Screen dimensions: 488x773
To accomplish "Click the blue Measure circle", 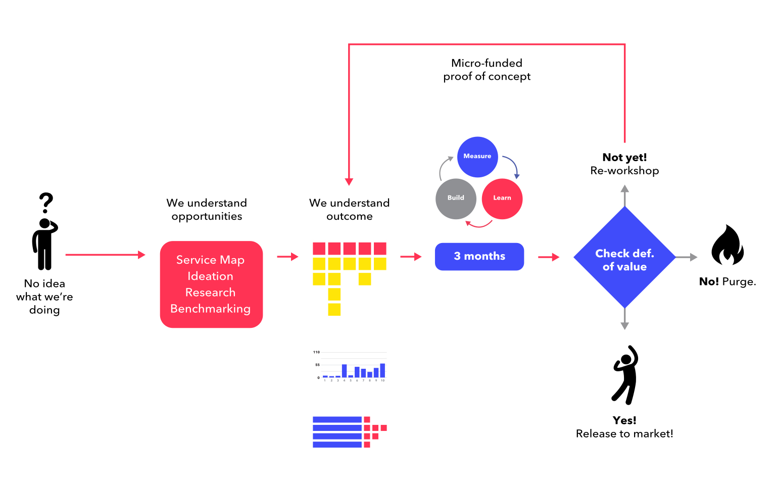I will pos(477,157).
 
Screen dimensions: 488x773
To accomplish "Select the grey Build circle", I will pos(456,199).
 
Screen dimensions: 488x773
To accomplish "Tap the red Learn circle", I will pos(502,199).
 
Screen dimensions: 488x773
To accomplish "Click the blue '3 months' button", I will pos(479,257).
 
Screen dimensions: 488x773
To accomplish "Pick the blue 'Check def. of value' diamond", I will pos(624,258).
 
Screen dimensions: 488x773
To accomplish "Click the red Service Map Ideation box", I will pos(211,284).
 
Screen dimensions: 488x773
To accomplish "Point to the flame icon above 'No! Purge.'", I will pos(727,246).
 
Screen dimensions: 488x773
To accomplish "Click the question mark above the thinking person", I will pos(46,203).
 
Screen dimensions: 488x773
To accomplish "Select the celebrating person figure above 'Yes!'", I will pos(625,375).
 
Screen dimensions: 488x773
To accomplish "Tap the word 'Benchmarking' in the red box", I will pos(210,309).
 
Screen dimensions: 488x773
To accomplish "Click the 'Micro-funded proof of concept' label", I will pos(487,70).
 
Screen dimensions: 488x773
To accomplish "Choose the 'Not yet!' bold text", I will pos(624,158).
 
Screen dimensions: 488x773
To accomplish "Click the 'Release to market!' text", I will pos(624,434).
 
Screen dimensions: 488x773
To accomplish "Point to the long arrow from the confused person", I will pos(105,255).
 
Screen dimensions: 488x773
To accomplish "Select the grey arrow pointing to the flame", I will pos(686,257).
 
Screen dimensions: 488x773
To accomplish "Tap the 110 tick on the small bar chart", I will pos(316,352).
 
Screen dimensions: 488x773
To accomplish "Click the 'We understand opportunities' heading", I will pos(207,210).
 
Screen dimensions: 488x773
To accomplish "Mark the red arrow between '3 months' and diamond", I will pos(549,257).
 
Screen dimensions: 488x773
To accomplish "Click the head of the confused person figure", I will pos(45,224).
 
